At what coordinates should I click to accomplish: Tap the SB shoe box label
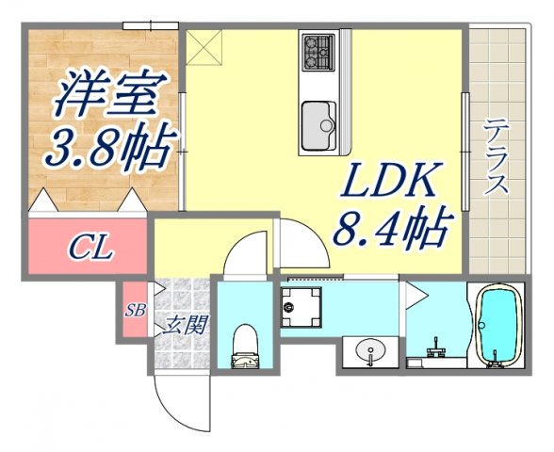(135, 310)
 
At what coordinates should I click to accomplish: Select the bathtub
(497, 325)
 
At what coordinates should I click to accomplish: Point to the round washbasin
(370, 353)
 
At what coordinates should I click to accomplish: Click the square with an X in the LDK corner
(204, 48)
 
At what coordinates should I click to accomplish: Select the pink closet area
(88, 248)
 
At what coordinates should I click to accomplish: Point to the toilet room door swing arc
(247, 254)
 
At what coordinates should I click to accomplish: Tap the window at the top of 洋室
(151, 25)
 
